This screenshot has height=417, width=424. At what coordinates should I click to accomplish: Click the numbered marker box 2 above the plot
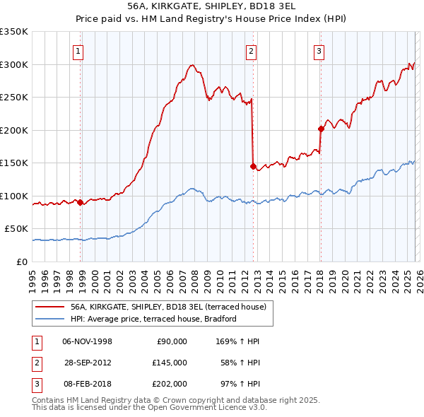point(251,51)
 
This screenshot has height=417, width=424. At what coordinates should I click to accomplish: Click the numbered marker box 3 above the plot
point(319,51)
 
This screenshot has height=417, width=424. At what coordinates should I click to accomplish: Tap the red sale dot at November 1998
point(80,202)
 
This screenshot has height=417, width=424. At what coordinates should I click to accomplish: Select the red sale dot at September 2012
point(253,166)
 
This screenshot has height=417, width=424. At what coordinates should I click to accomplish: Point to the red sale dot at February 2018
point(321,129)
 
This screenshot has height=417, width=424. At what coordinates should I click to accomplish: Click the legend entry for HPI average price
point(153,319)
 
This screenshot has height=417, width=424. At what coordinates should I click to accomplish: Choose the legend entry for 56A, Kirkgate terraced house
point(167,307)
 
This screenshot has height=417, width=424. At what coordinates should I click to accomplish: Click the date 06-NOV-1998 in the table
point(87,341)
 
